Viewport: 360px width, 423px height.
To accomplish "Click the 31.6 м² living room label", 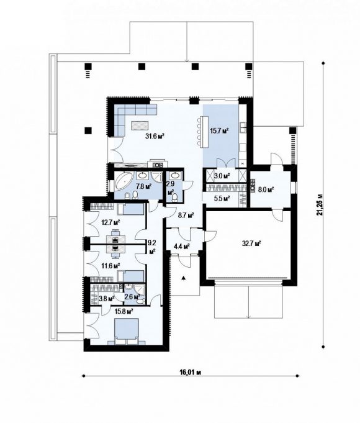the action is point(155,136).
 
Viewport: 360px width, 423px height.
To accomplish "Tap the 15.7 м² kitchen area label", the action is point(220,131).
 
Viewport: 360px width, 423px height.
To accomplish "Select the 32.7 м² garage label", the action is point(251,244).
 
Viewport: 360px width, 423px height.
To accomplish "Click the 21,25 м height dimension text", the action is point(320,204).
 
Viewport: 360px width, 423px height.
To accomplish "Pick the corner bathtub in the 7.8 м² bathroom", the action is point(124,181).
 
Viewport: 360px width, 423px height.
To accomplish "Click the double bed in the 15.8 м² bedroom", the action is point(127,331).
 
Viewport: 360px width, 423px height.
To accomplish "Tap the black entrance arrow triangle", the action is point(184,278).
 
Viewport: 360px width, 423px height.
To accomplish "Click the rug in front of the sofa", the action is point(140,125).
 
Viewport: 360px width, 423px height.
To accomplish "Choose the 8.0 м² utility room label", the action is point(266,189).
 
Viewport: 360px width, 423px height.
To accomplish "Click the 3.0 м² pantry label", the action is point(222,176).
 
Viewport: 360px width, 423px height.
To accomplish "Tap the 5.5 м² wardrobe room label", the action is point(222,199).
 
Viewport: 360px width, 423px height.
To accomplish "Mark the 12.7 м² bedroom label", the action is point(110,223).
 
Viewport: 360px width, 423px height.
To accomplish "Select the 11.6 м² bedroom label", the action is point(110,265).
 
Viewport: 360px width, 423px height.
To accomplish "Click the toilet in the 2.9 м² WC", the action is point(175,197).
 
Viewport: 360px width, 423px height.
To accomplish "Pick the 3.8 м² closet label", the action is point(107,298).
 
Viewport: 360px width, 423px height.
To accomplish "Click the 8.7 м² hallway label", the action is point(186,216).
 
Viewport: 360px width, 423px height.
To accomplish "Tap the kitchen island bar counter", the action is point(204,132).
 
